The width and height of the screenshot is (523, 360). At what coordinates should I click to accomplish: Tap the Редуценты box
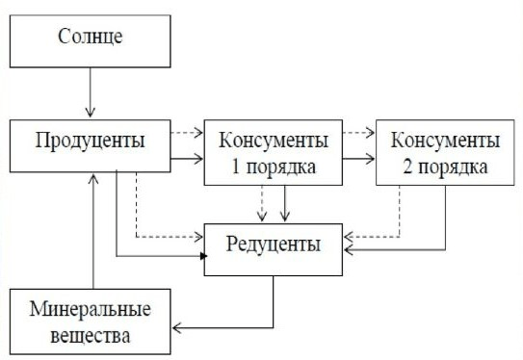click(274, 245)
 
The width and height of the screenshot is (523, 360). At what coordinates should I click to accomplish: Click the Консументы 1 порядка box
click(274, 153)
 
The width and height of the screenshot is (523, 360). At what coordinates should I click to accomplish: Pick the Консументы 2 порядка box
click(444, 153)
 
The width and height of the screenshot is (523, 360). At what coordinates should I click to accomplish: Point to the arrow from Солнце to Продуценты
click(90, 96)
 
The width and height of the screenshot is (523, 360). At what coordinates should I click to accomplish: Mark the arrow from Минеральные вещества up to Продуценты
click(92, 231)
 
